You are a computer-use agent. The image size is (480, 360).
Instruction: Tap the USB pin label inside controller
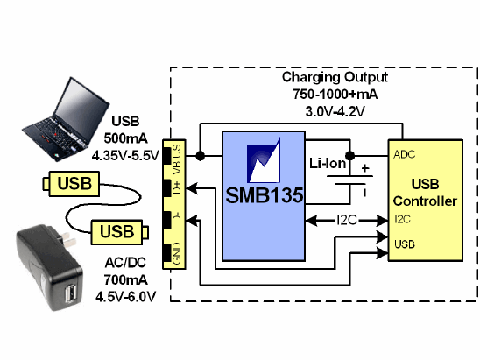405,244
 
